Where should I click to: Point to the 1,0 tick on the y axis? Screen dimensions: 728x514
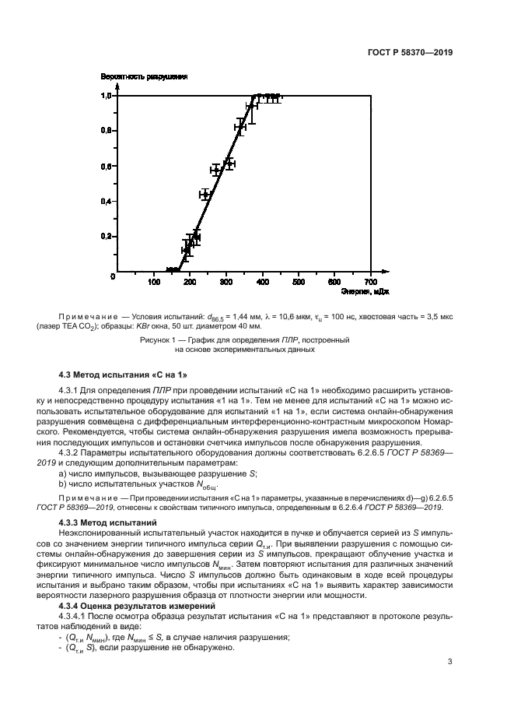pos(107,96)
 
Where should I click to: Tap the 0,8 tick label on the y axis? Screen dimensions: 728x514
pos(107,131)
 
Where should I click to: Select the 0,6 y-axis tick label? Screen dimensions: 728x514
pos(107,166)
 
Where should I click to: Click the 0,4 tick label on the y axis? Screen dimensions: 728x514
pos(107,201)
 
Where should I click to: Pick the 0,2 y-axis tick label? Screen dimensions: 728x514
pos(107,236)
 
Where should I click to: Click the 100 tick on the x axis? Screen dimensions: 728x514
pos(154,281)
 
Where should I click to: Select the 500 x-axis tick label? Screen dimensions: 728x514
pos(299,281)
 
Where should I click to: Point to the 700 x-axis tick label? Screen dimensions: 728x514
pos(371,281)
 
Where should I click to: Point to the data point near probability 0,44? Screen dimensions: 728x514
pos(205,195)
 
